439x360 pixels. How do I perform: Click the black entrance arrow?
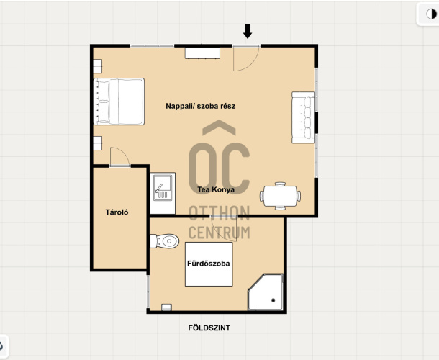[x=248, y=31]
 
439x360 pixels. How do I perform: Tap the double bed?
[x=119, y=102]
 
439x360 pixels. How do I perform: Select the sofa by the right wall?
[x=303, y=117]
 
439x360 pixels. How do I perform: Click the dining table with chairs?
[x=280, y=196]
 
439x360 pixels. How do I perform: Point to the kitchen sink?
[x=163, y=188]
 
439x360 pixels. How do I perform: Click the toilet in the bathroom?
[x=164, y=241]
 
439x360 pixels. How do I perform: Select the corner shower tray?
[x=266, y=292]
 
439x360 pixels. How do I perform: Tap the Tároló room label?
[x=117, y=212]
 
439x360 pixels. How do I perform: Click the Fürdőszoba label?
[x=209, y=264]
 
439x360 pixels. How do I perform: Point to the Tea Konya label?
[x=216, y=189]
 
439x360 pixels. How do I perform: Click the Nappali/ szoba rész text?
[x=201, y=106]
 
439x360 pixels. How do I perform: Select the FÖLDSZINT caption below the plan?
[x=209, y=328]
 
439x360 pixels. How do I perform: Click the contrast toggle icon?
[x=431, y=14]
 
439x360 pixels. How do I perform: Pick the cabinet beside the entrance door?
[x=202, y=53]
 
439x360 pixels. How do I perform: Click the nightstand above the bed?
[x=97, y=66]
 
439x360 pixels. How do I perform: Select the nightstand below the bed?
[x=97, y=143]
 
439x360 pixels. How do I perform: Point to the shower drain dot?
[x=273, y=300]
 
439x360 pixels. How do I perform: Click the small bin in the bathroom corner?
[x=166, y=307]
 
